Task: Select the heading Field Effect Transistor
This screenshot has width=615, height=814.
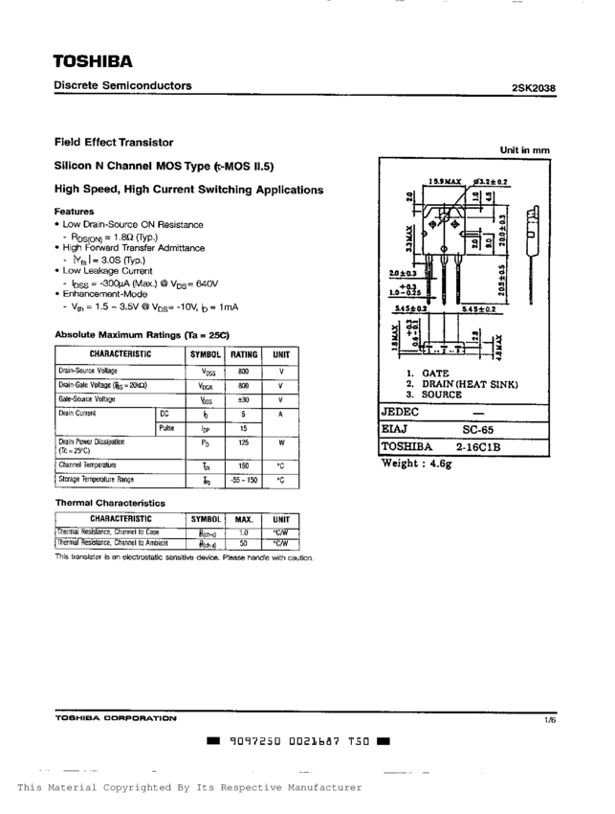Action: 114,142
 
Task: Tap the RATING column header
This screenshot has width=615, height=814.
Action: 244,354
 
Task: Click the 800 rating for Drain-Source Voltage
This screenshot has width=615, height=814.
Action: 244,370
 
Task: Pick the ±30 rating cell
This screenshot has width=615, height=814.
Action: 244,399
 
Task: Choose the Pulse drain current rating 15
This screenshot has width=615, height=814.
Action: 244,429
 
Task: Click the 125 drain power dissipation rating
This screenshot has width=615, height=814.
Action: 244,443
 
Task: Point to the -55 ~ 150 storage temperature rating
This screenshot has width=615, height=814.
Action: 244,479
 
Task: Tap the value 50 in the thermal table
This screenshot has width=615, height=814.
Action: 244,543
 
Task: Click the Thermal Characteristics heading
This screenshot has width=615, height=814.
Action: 110,503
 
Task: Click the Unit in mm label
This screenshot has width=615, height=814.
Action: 524,150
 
